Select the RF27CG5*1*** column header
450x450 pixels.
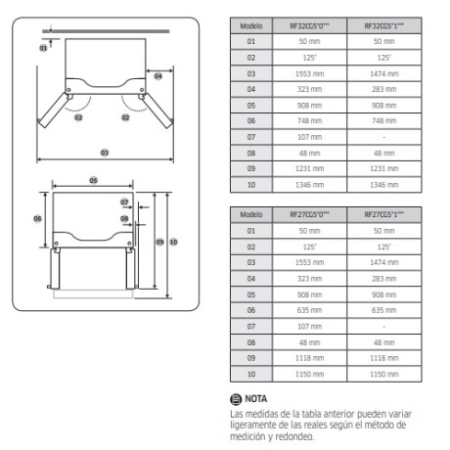(x=383, y=214)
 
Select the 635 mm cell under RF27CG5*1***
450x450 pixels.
(x=383, y=308)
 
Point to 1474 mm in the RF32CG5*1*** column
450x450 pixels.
(x=383, y=73)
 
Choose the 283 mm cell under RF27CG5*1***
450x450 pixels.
(x=383, y=277)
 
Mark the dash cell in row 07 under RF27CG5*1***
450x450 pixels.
(x=383, y=324)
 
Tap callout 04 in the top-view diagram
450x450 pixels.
(x=157, y=75)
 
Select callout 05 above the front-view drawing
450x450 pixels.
(x=93, y=180)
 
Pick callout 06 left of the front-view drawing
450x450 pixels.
(x=37, y=219)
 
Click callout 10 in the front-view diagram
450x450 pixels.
(x=173, y=241)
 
